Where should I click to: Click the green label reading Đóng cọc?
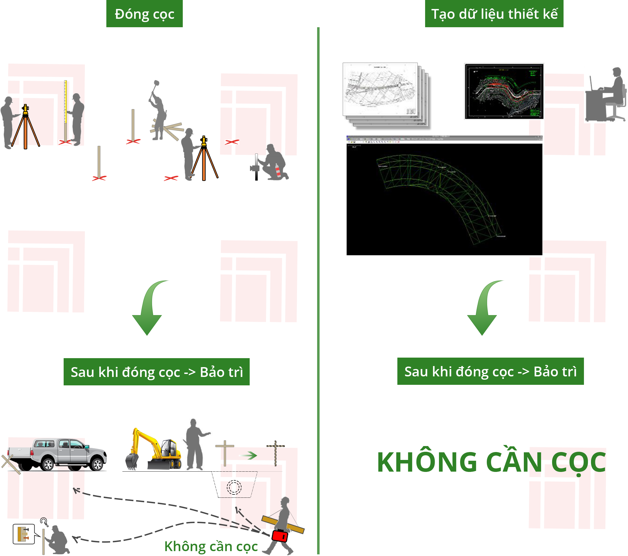click(x=144, y=14)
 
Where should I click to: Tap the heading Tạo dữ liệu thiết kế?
click(x=494, y=14)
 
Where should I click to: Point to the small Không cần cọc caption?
click(x=211, y=546)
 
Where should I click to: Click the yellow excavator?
click(x=154, y=450)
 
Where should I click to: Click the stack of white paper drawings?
click(x=386, y=94)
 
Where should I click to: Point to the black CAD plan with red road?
click(x=504, y=91)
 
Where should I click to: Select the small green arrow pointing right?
click(x=248, y=455)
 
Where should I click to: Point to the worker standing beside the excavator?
click(x=195, y=444)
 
